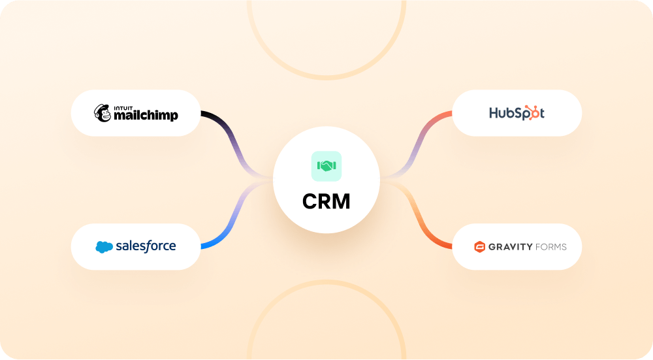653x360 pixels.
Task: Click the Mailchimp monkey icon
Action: (x=103, y=113)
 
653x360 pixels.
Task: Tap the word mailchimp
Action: (x=146, y=116)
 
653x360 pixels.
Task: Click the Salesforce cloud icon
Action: (x=104, y=247)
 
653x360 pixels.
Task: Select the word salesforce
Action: (x=146, y=246)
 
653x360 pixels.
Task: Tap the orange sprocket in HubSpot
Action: (x=535, y=112)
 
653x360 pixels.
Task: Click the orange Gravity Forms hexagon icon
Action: (x=479, y=247)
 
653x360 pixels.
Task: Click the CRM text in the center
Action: (x=326, y=201)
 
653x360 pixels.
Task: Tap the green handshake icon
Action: (x=326, y=166)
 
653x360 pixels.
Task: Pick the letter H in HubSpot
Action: (x=494, y=113)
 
